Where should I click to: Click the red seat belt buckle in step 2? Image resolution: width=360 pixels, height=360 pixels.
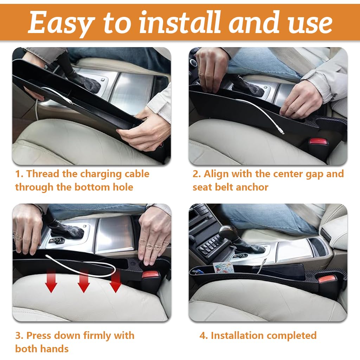tap(318, 142)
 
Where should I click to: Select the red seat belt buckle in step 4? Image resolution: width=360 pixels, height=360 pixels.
tap(324, 280)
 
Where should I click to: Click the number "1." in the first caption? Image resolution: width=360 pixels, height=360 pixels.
tap(20, 174)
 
